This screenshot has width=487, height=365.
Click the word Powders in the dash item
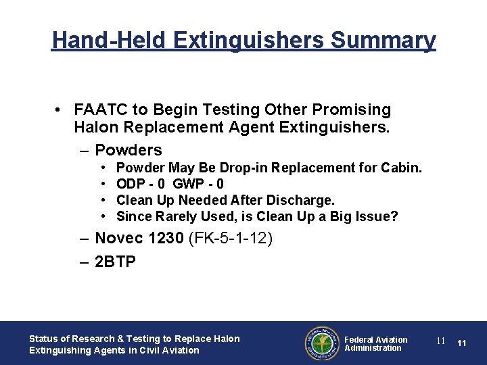click(x=129, y=150)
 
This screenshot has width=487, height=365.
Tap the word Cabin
click(x=402, y=168)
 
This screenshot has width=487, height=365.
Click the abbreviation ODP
click(x=131, y=184)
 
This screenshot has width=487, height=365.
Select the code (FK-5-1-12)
click(x=228, y=238)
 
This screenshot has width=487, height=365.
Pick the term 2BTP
click(x=116, y=262)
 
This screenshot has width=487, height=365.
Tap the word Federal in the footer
click(x=359, y=339)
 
